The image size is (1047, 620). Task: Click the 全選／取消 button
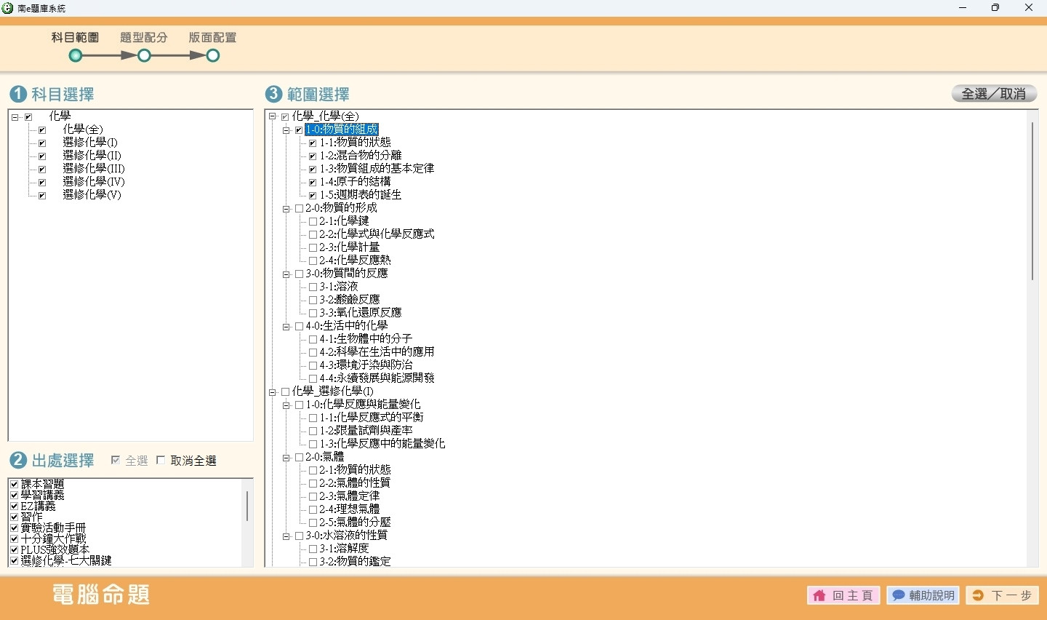[x=994, y=94]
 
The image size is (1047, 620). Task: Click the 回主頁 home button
[x=843, y=595]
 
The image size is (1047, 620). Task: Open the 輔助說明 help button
[x=923, y=595]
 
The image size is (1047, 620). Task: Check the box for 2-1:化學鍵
[x=313, y=221]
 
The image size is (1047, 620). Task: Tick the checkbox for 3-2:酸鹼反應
[x=313, y=300]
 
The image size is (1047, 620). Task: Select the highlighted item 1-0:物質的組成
[x=341, y=129]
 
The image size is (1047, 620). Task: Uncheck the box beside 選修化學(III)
[x=42, y=169]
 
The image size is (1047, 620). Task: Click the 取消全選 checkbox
[x=161, y=461]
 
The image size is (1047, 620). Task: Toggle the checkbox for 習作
[x=14, y=517]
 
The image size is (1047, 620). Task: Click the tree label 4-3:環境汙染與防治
[x=366, y=365]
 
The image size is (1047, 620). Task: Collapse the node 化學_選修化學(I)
[x=273, y=392]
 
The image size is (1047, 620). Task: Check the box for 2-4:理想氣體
[x=313, y=509]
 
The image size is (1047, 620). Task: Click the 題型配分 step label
[x=143, y=37]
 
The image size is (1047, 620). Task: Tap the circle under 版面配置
[x=212, y=56]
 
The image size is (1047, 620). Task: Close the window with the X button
[x=1029, y=7]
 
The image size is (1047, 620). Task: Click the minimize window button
[x=963, y=7]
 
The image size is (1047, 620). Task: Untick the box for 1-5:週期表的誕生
[x=313, y=195]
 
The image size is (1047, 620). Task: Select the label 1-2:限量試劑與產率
[x=366, y=430]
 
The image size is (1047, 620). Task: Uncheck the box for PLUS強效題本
[x=14, y=550]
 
